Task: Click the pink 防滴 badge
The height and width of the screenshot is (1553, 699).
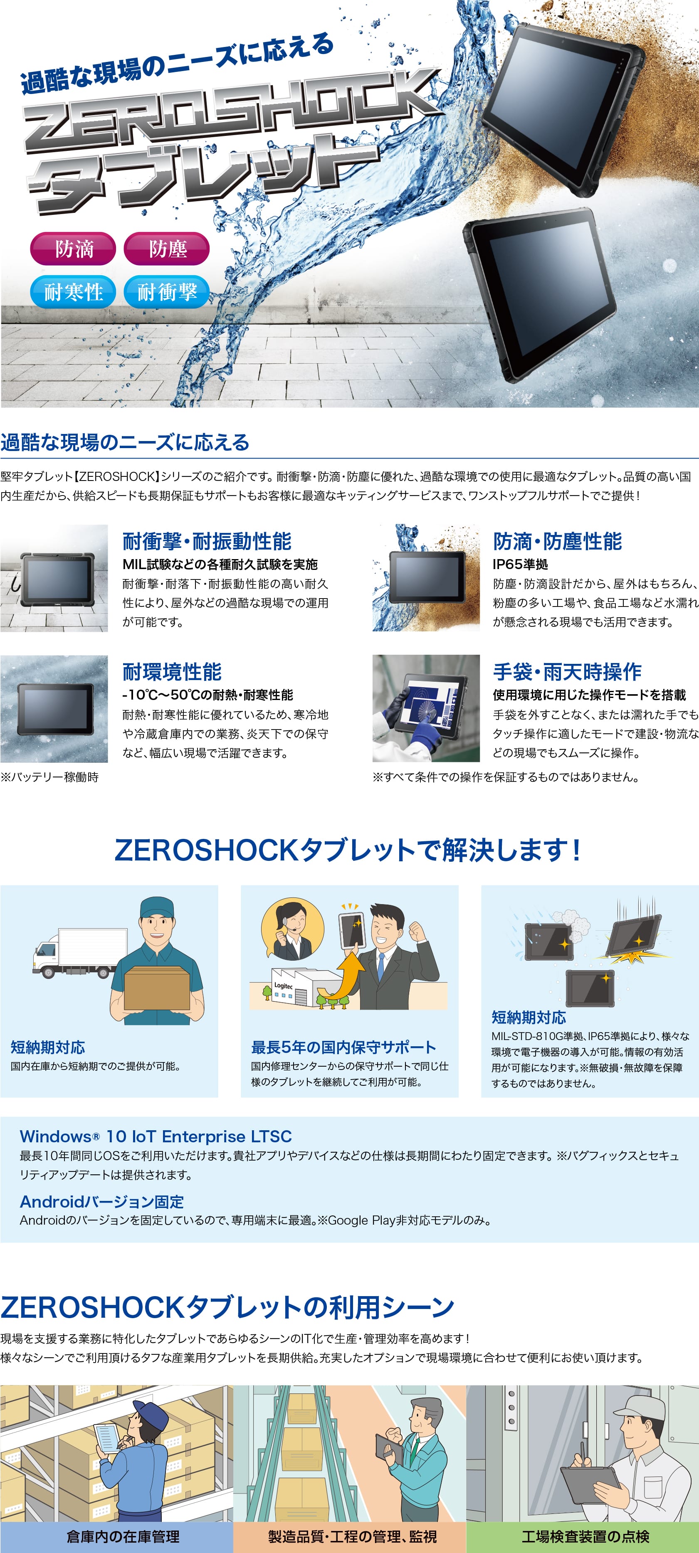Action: [73, 249]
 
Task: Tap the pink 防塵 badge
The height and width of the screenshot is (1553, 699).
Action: [166, 249]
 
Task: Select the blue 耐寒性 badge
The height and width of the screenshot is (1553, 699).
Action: [73, 292]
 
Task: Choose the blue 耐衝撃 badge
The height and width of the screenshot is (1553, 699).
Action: [166, 292]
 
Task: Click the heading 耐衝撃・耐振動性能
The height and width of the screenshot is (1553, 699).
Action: [207, 541]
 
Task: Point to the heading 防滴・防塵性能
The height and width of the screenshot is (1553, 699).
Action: [557, 541]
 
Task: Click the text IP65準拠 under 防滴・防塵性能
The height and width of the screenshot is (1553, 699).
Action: [520, 564]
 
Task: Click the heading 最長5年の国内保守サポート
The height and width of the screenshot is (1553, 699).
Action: [343, 1047]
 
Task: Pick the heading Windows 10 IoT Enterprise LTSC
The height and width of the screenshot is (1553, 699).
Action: [156, 1136]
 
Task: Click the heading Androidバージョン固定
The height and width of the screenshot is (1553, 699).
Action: [102, 1201]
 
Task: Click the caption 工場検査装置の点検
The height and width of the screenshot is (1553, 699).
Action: [585, 1536]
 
